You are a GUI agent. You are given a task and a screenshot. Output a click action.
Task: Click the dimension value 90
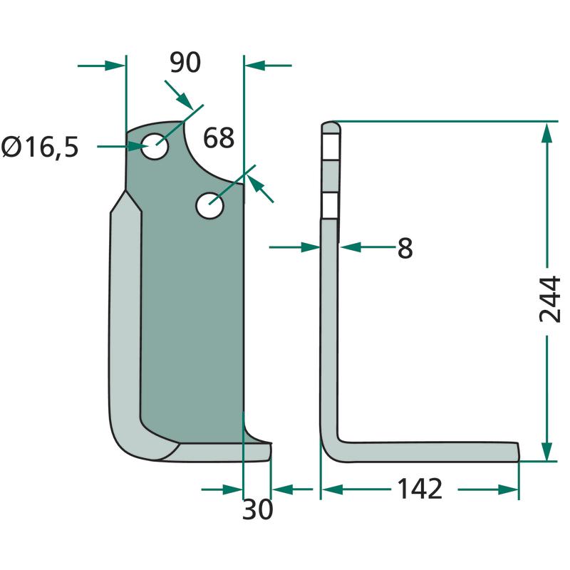click(185, 63)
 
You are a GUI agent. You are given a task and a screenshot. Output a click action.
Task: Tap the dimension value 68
click(219, 138)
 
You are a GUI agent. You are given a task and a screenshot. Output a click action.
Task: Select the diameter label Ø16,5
click(40, 147)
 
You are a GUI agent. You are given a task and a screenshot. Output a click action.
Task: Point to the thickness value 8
click(405, 249)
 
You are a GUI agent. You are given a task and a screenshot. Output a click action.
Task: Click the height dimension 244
click(549, 299)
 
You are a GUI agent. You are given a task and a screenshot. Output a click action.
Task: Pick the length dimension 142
click(420, 489)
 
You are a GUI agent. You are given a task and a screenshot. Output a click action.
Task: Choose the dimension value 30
click(257, 509)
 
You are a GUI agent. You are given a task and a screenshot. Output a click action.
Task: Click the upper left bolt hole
click(155, 146)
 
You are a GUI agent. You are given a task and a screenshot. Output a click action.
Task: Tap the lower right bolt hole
click(209, 206)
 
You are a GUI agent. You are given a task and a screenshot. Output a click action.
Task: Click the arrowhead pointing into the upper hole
click(139, 147)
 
